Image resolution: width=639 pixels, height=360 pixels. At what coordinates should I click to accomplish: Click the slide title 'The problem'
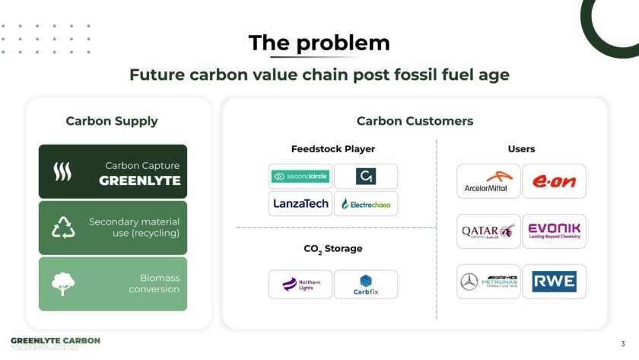(x=319, y=43)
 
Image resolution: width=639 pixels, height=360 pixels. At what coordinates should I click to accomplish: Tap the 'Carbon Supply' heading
(x=112, y=121)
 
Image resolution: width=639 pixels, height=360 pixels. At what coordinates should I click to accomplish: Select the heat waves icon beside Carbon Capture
(x=62, y=173)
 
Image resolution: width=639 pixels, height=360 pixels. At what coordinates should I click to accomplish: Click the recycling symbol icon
(x=62, y=228)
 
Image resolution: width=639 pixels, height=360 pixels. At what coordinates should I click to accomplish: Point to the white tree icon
(x=62, y=283)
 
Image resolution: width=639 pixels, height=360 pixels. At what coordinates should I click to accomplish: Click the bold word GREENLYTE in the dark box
(x=140, y=180)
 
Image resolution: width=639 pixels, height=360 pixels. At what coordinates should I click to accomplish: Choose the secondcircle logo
(x=300, y=177)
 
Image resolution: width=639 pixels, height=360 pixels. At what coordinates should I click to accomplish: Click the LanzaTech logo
(x=300, y=203)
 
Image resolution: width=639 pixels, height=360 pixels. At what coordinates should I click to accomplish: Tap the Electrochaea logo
(x=366, y=204)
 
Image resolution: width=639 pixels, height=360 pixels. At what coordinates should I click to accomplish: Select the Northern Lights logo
(x=300, y=284)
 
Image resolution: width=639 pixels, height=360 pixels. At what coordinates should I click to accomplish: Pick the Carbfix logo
(x=366, y=284)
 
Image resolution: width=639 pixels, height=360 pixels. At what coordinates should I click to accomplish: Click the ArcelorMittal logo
(x=488, y=181)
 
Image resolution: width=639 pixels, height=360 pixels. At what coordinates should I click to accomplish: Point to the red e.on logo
(x=554, y=181)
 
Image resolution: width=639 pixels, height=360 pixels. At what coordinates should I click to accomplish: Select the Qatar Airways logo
(x=488, y=231)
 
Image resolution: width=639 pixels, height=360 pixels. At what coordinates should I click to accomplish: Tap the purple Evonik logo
(x=554, y=231)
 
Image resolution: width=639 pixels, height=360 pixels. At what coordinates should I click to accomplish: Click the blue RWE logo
(x=554, y=282)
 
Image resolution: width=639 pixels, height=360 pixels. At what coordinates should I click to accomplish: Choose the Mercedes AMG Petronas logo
(x=488, y=282)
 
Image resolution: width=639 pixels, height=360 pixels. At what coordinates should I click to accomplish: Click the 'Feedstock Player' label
(x=332, y=149)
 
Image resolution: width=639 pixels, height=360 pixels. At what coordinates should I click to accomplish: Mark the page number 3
(x=622, y=343)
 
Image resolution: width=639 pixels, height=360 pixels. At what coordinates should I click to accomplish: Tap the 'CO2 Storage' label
(x=332, y=249)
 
